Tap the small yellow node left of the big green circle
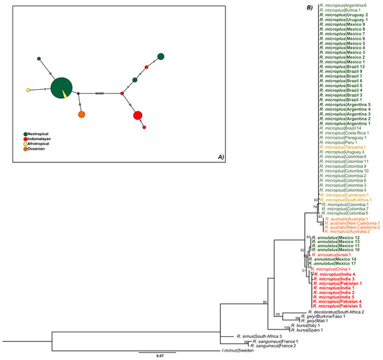click(x=28, y=91)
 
